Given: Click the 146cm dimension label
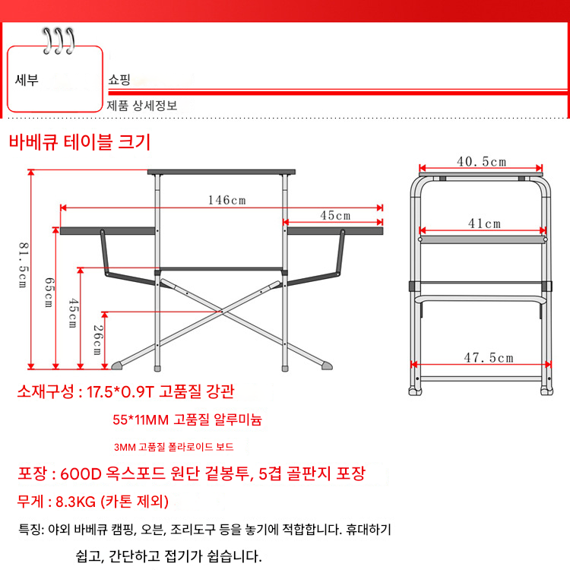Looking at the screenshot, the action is click(226, 200).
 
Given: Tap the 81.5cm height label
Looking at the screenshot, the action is click(23, 265).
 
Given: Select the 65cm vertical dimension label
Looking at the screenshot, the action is click(49, 293).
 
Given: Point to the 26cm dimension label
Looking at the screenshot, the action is click(98, 340).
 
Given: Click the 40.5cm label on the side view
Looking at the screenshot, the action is click(481, 161).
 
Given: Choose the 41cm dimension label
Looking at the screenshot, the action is click(484, 223).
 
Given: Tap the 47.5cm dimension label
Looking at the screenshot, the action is click(489, 358).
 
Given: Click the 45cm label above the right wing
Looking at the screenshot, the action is click(335, 216).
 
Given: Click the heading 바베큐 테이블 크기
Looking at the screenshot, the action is click(80, 142).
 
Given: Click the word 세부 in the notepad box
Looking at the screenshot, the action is click(27, 80).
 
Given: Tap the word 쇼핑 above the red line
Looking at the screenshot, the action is click(119, 79).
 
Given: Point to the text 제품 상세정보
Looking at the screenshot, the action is click(142, 106).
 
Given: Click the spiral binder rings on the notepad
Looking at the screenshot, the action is click(59, 41).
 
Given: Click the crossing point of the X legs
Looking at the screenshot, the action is click(222, 312).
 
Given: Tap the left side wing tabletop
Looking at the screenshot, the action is click(108, 231).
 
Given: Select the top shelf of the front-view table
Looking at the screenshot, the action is click(221, 172).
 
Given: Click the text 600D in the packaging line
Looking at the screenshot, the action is click(81, 473).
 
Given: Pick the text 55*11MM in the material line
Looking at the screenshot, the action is click(141, 420).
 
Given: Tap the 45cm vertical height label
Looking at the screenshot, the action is click(73, 312).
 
